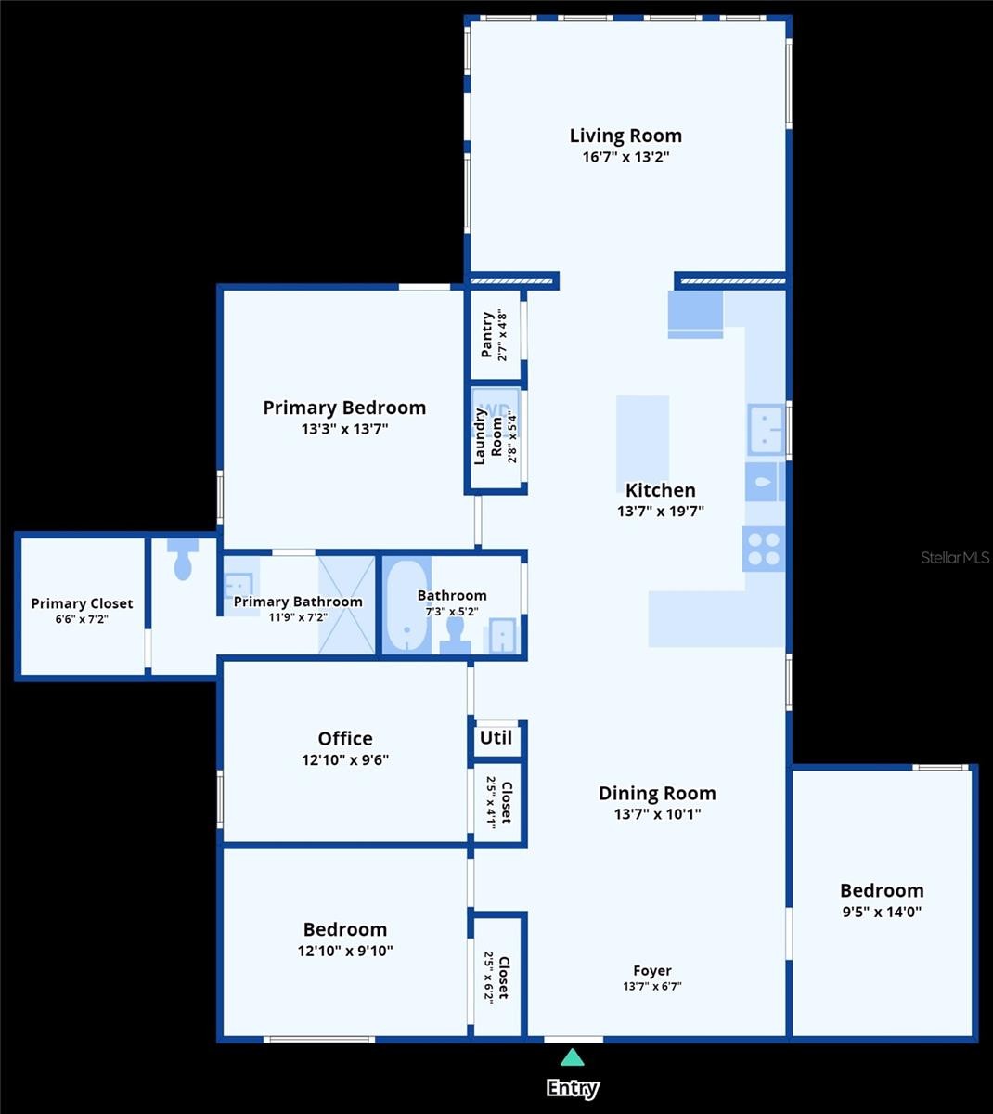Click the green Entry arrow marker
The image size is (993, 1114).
573,1057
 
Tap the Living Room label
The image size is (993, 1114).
625,136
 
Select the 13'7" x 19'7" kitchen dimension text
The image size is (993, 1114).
661,511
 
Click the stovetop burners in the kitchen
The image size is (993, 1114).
764,550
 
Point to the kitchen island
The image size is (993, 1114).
642,439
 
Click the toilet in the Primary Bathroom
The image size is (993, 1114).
183,559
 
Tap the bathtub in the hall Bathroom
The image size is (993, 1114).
406,606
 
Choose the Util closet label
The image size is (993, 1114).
496,738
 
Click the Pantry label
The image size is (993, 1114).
486,334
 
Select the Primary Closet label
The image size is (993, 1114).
82,603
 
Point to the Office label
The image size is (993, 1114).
345,738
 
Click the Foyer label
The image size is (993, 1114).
652,970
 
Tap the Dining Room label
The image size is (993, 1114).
658,793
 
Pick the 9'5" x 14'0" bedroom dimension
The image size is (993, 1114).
882,911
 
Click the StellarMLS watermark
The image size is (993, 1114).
955,558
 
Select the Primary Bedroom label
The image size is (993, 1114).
344,408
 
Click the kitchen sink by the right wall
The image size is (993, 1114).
766,430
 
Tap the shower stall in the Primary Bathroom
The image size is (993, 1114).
347,605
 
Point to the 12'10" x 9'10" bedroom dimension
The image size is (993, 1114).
345,951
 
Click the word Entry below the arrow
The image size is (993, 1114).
573,1088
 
